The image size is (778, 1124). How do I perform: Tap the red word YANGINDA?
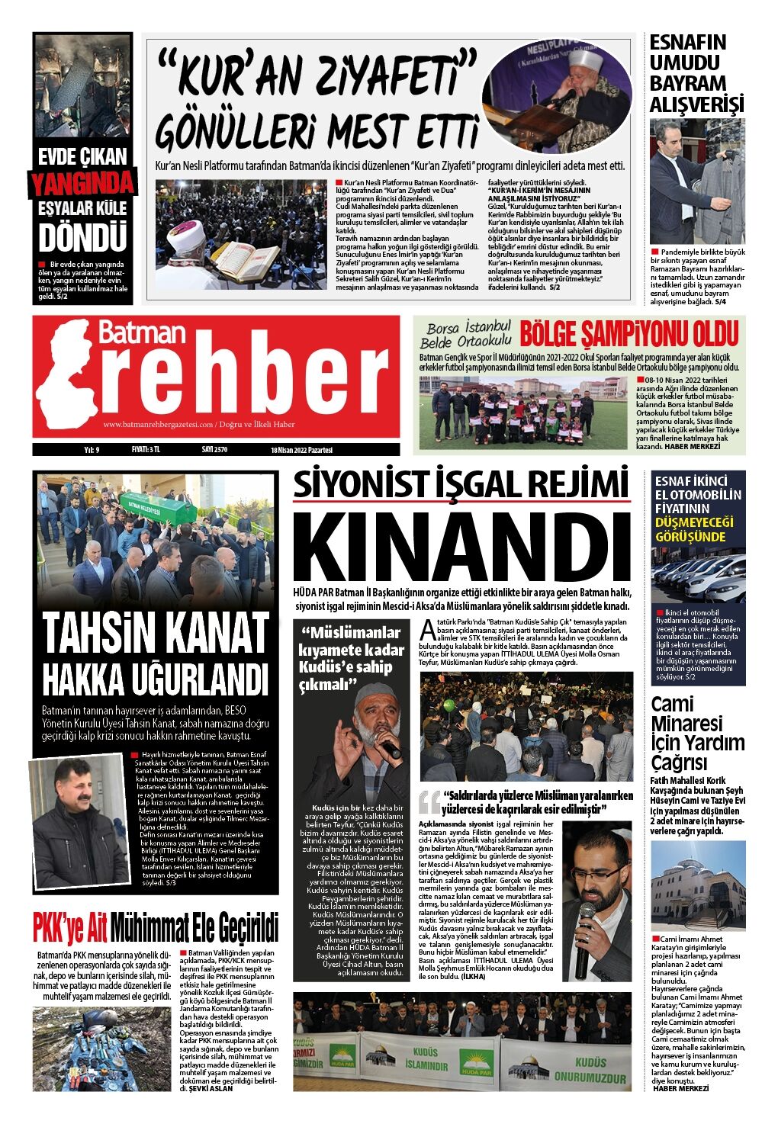tap(82, 183)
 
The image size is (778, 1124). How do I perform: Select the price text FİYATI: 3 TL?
tap(146, 450)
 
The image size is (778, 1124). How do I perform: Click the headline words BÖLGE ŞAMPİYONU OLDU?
tap(629, 334)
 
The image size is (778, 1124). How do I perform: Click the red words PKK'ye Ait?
tap(69, 928)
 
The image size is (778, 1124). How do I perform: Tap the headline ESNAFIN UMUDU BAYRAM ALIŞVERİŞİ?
tap(696, 74)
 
